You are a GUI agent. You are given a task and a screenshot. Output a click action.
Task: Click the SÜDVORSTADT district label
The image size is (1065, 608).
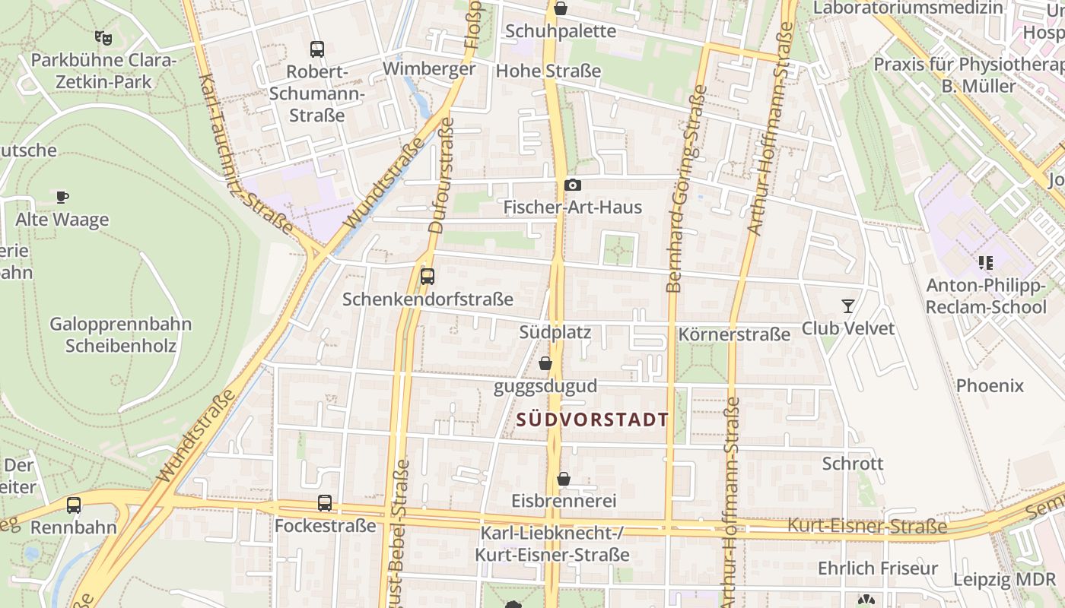(593, 420)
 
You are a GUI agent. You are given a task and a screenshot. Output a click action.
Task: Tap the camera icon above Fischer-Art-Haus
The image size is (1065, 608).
(573, 185)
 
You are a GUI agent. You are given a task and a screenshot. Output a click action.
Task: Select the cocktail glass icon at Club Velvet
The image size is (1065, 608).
(848, 306)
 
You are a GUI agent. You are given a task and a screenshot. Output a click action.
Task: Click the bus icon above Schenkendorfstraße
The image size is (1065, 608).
(428, 277)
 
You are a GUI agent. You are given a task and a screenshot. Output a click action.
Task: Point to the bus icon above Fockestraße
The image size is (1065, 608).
(325, 503)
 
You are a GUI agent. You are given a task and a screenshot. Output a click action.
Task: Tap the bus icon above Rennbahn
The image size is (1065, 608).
(74, 505)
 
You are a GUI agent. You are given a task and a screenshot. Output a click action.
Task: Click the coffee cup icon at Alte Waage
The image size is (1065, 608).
(62, 198)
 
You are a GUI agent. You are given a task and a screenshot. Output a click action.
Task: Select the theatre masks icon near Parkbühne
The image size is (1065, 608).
(103, 37)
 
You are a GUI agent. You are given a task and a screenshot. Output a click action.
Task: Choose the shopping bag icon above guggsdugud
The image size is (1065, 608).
(545, 364)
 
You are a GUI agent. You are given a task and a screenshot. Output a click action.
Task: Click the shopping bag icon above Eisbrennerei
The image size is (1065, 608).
(564, 479)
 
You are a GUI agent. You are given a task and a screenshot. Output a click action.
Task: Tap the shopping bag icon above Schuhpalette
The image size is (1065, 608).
(561, 9)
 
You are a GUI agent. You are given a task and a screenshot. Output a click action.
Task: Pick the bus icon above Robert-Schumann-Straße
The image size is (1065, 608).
(317, 49)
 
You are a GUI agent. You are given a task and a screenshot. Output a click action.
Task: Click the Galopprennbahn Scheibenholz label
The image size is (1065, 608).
(121, 335)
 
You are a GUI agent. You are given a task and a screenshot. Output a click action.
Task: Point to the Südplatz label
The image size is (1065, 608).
(555, 332)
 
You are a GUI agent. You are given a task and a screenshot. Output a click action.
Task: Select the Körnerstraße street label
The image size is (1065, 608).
(735, 334)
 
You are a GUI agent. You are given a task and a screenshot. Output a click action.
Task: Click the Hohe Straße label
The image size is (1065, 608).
(548, 71)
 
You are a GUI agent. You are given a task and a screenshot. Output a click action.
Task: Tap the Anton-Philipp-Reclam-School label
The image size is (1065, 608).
(986, 296)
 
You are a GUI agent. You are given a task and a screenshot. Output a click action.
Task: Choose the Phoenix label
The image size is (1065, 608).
(990, 385)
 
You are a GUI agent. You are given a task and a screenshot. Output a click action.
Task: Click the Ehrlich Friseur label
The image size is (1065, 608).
(878, 568)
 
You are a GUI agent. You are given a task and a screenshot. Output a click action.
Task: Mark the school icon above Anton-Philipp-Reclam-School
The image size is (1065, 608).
(986, 264)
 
